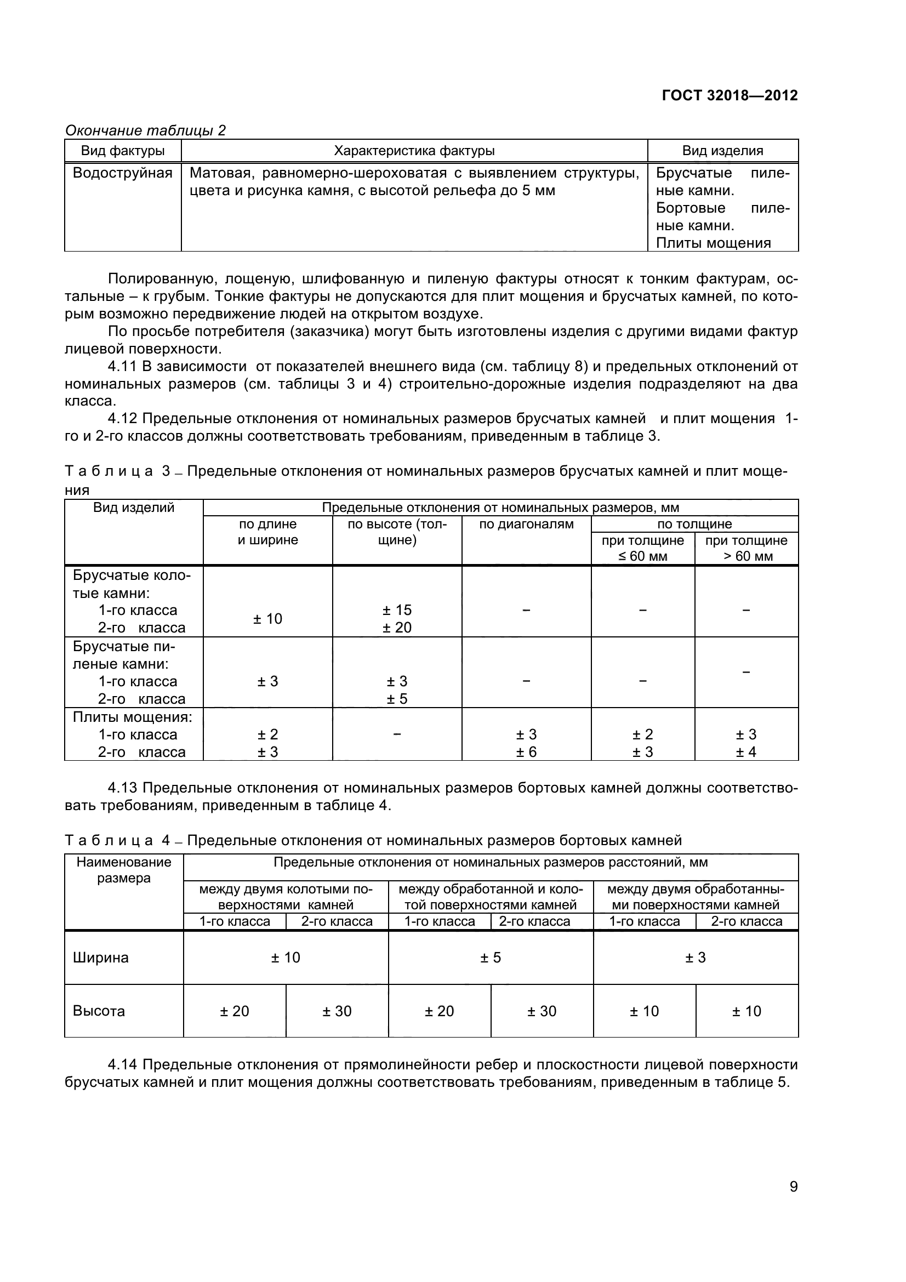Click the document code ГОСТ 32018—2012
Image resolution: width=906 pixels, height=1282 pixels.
[x=729, y=95]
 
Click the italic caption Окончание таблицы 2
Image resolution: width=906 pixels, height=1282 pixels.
[x=146, y=130]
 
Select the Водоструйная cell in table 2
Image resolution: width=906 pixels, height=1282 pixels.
[x=123, y=173]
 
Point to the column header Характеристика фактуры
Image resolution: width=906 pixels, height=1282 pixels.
[x=414, y=151]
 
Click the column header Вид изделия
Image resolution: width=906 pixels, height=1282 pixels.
[x=722, y=151]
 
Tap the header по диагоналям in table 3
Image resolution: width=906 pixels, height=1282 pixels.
[x=526, y=525]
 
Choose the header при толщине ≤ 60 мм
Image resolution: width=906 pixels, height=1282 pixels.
[x=642, y=548]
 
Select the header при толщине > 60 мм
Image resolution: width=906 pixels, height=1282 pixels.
[x=747, y=548]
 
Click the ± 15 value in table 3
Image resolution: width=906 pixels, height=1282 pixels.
[x=397, y=609]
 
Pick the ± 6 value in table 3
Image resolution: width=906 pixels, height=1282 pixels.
[x=526, y=752]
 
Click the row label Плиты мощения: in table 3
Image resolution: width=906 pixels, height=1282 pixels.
[x=133, y=717]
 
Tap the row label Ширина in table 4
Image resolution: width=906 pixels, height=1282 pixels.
[x=100, y=958]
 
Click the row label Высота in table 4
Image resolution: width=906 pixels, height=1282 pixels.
[x=99, y=1011]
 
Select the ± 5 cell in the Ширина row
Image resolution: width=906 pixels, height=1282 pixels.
[x=491, y=958]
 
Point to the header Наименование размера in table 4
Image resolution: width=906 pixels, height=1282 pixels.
[x=124, y=870]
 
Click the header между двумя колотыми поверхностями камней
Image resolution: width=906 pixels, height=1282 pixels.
[x=286, y=897]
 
